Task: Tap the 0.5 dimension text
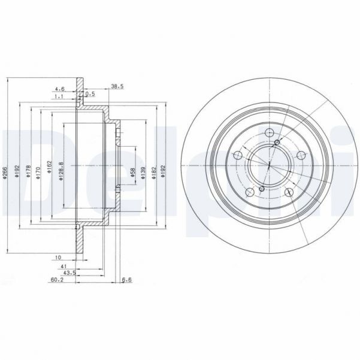coord(90,93)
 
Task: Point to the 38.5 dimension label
coord(117,86)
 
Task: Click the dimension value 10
coord(58,258)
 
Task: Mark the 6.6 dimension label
coord(126,279)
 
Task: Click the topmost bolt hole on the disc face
coord(269,133)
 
